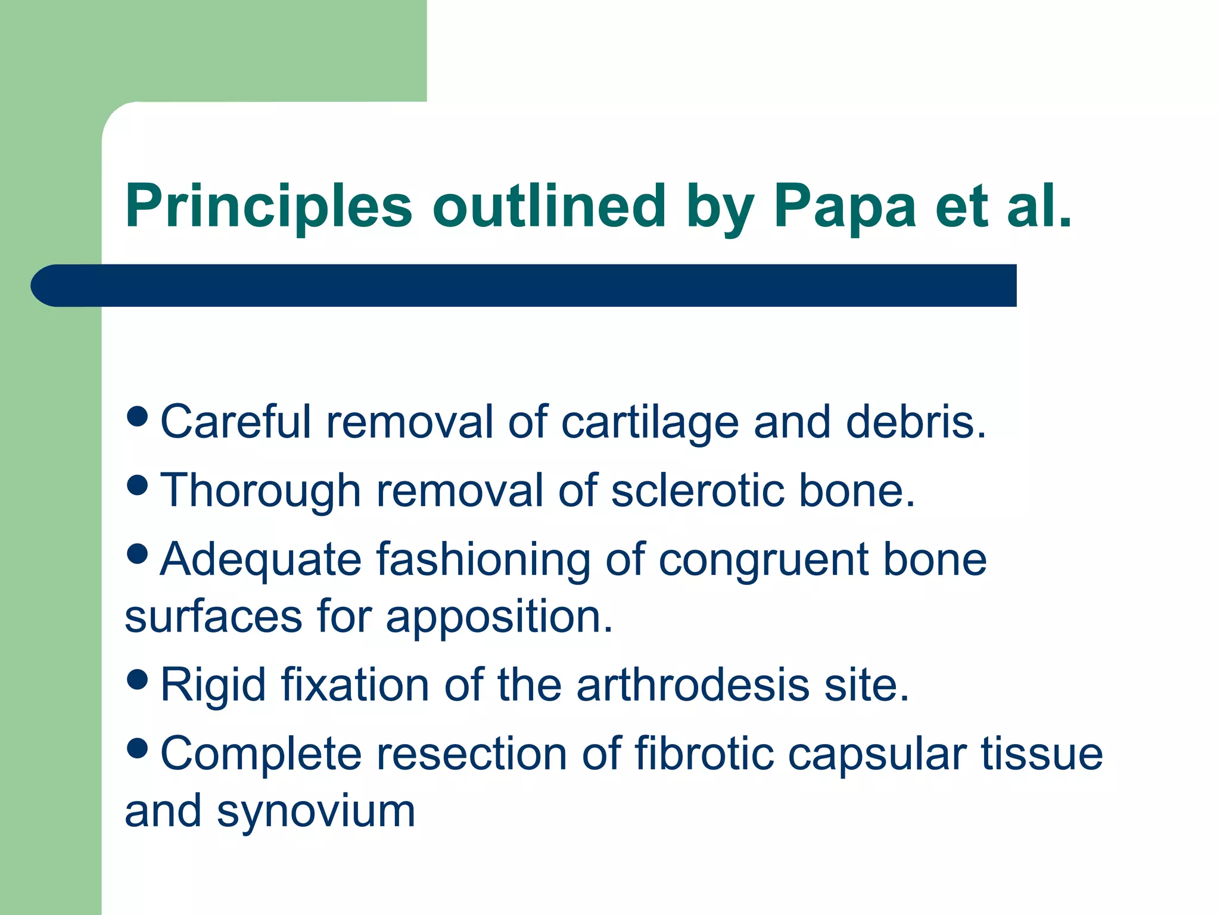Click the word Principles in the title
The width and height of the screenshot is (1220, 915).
268,207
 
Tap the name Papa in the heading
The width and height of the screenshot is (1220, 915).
844,207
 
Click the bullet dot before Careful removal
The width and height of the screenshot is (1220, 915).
138,416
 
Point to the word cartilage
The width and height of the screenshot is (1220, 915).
650,422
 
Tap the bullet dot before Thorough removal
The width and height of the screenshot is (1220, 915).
138,485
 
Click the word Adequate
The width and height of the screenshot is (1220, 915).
261,560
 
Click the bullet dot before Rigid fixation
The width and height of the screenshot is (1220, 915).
138,679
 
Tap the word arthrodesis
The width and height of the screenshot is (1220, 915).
693,685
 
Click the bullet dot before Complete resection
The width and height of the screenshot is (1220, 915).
138,748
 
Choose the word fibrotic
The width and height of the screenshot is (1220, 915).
704,754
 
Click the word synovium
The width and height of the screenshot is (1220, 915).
316,811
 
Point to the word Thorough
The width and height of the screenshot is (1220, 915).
261,491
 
